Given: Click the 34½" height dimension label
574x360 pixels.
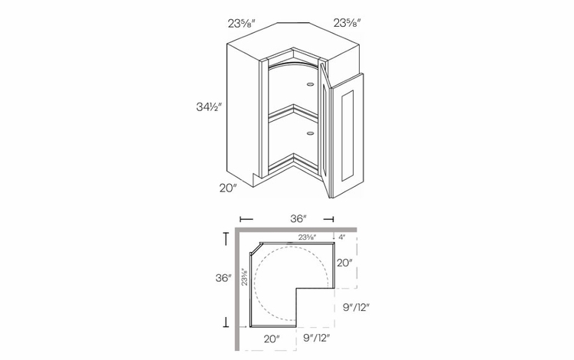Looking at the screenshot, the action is point(209,107).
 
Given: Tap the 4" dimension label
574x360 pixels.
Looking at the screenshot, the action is point(341,237).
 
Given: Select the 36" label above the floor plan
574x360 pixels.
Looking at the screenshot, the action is point(298,218).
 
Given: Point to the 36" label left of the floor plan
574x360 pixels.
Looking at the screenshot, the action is point(223,278).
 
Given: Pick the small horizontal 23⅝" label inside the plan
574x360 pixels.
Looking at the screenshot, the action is point(307,237).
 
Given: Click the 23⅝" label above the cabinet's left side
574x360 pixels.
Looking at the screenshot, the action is point(241,24).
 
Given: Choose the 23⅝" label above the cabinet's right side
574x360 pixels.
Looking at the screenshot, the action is point(347,23).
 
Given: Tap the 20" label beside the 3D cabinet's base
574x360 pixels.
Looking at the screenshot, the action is point(228,188).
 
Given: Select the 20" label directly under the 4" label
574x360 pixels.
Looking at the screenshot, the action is point(345,263).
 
